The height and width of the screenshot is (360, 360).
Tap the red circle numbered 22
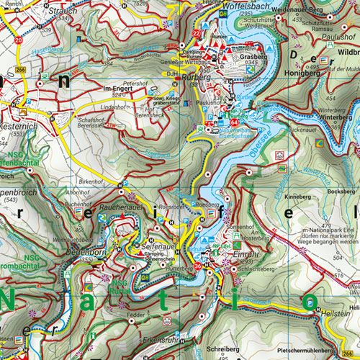pos(197,32)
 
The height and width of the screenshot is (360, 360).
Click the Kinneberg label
pos(297,195)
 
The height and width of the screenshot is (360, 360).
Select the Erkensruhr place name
pos(159,340)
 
